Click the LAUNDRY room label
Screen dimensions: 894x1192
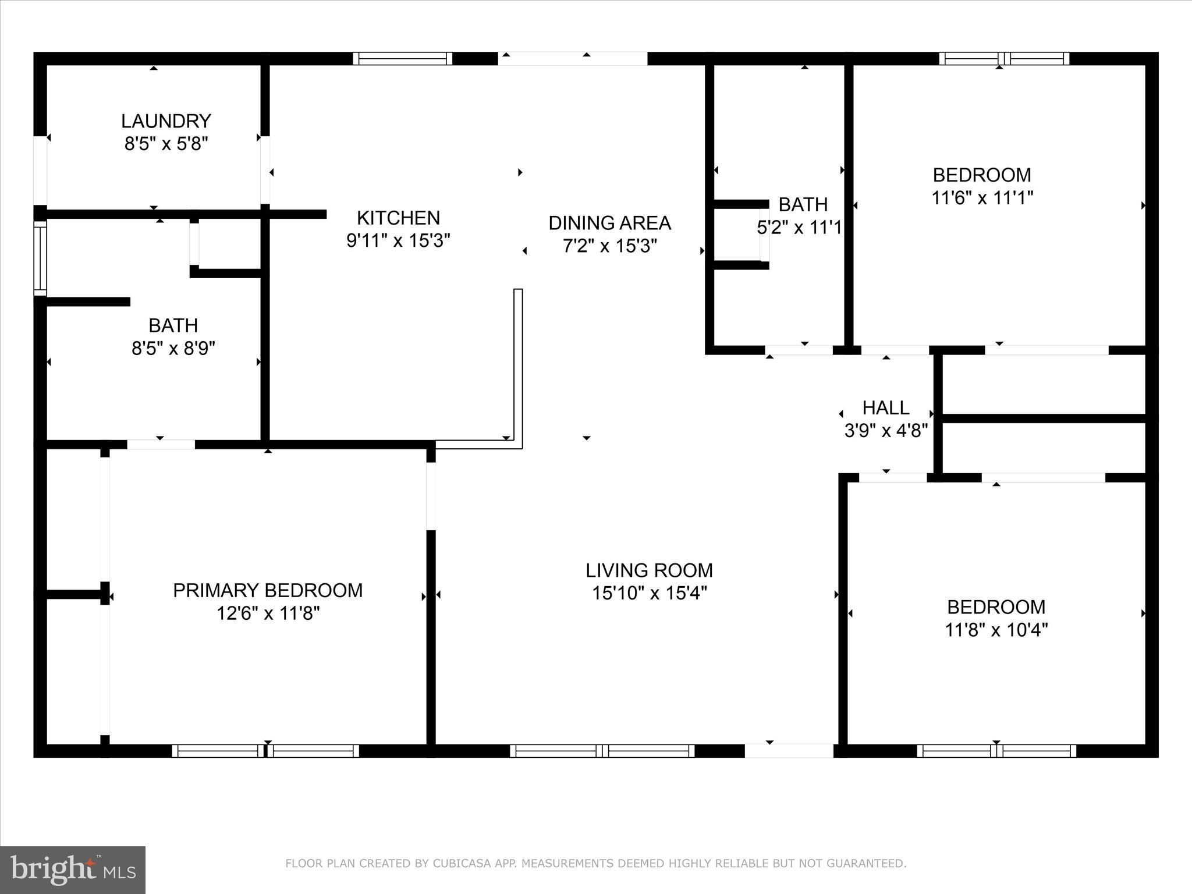pos(166,121)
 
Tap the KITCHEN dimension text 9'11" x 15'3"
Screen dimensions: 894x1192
pos(398,240)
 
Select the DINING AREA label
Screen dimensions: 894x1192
pos(609,223)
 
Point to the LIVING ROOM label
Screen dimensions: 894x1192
pos(649,570)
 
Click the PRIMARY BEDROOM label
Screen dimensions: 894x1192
pos(268,590)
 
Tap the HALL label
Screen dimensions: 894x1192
pos(885,407)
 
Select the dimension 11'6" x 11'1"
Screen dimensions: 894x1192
pos(982,198)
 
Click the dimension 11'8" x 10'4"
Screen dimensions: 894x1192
pos(996,630)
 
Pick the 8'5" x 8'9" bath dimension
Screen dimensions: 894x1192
pos(173,348)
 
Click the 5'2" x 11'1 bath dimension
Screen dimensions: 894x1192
pos(799,228)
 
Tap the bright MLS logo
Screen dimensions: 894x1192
pos(73,870)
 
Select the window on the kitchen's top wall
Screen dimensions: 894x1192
pos(402,58)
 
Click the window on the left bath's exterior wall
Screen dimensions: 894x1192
pos(40,258)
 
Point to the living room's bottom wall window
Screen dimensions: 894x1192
pos(602,751)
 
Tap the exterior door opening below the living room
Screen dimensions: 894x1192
pos(789,751)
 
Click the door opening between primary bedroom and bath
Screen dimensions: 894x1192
pos(161,445)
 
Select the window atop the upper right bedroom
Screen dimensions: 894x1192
pos(1004,58)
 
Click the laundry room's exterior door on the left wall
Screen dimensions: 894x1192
pos(40,170)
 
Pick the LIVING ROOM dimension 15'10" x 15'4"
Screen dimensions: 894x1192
pos(649,593)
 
